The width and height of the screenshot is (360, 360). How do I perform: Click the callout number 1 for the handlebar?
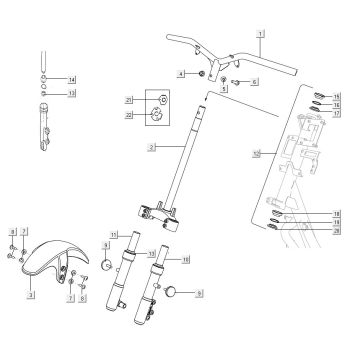pyautogui.click(x=259, y=33)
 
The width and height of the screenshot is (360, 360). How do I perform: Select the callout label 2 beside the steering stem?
pyautogui.click(x=150, y=148)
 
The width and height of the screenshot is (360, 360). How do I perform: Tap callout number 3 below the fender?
pyautogui.click(x=31, y=296)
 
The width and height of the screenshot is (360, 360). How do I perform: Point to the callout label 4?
pyautogui.click(x=181, y=74)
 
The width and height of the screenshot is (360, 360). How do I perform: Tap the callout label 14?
pyautogui.click(x=71, y=77)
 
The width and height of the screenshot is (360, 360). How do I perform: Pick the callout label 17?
pyautogui.click(x=337, y=113)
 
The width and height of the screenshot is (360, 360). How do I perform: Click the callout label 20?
pyautogui.click(x=337, y=230)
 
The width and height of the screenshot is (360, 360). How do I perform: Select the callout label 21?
pyautogui.click(x=128, y=101)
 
